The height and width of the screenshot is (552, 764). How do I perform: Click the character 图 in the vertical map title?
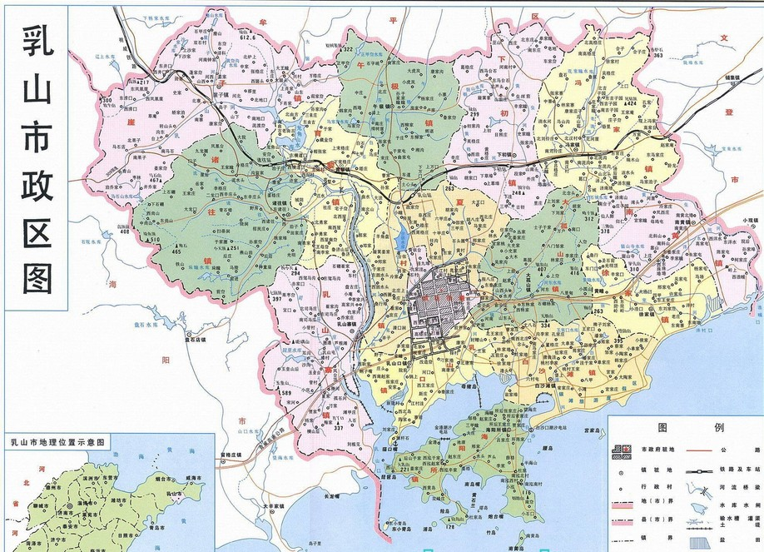point(37,280)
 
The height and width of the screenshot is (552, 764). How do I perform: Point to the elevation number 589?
point(286,392)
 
